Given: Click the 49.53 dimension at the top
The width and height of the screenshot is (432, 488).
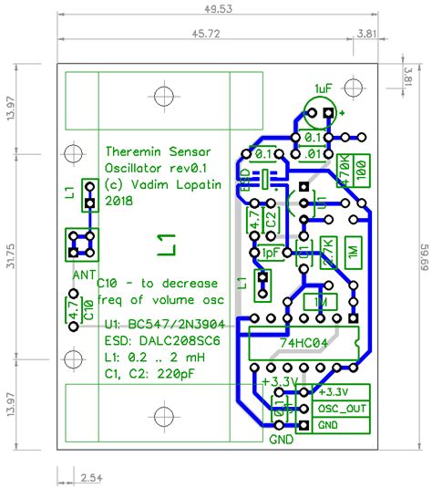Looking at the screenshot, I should pyautogui.click(x=216, y=8).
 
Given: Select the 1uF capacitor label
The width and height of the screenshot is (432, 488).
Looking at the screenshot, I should pyautogui.click(x=324, y=88).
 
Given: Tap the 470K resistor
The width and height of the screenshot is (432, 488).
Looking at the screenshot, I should pyautogui.click(x=345, y=170).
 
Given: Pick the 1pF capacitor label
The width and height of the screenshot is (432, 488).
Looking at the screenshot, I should pyautogui.click(x=271, y=253).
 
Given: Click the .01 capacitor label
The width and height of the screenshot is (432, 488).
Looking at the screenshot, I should pyautogui.click(x=314, y=154).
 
